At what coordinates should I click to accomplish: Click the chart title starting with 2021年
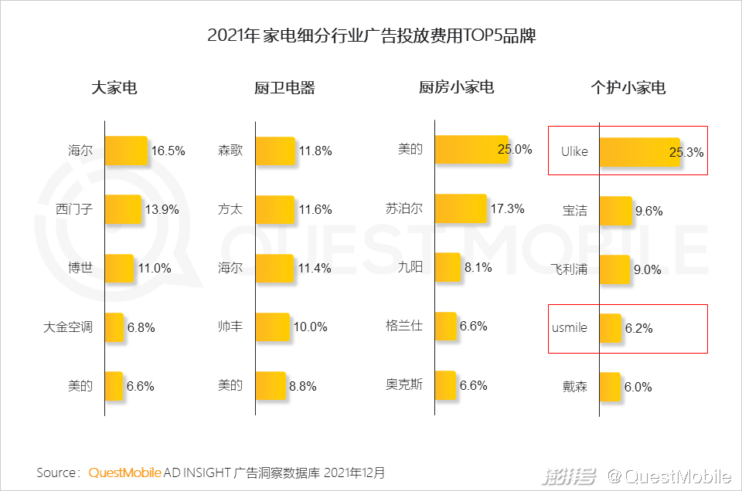point(371,36)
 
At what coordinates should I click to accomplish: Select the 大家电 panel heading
point(114,88)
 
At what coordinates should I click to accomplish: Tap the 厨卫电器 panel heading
point(284,88)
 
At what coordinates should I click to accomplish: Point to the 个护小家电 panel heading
point(628,88)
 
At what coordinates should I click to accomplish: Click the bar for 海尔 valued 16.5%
point(126,151)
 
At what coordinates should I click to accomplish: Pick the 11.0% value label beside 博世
point(155,269)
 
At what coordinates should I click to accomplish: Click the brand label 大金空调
point(68,327)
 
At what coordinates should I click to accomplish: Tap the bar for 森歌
point(274,151)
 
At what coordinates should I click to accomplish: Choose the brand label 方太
point(230,209)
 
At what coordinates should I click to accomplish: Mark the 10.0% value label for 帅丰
point(310,327)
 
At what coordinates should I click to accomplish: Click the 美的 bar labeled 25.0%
point(470,150)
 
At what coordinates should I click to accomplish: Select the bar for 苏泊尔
point(461,208)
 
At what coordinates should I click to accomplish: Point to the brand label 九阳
point(410,268)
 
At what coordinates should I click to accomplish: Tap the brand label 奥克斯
point(404,385)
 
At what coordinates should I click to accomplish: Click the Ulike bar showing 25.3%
point(638,151)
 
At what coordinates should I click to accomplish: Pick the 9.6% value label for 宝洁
point(648,211)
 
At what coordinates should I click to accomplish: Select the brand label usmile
point(570,328)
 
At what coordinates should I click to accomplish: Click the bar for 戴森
point(610,387)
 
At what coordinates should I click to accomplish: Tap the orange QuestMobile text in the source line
point(124,472)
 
